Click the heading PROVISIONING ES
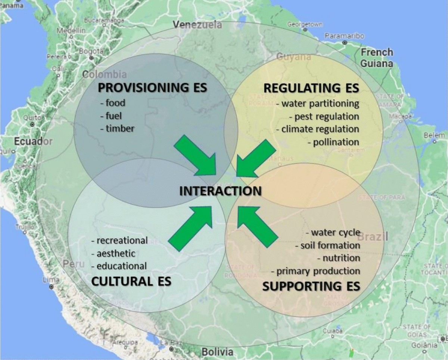(x=152, y=88)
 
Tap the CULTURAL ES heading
(x=131, y=281)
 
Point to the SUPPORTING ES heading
(x=311, y=286)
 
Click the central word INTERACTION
(x=220, y=191)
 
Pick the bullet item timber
(x=117, y=128)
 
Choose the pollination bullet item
(x=333, y=142)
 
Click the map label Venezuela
(x=197, y=25)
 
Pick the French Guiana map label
(x=376, y=58)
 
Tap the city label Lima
(x=49, y=279)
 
